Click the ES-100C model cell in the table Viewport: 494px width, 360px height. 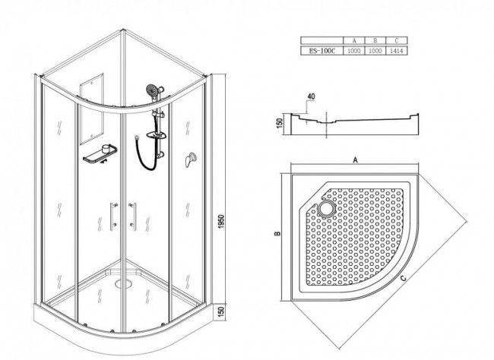(321, 51)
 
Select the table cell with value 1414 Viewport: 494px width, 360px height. (397, 51)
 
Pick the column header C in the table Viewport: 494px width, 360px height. (397, 40)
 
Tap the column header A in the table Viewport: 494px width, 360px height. (354, 40)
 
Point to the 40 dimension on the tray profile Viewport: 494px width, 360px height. (311, 96)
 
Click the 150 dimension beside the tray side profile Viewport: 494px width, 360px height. (279, 122)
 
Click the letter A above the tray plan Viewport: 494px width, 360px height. (356, 160)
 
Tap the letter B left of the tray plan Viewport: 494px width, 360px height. (277, 233)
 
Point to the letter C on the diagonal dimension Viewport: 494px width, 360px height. (404, 278)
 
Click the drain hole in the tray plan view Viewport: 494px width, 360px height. (328, 209)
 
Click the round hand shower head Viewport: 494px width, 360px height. (153, 90)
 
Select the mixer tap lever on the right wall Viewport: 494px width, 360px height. (190, 159)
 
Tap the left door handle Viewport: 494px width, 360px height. (113, 216)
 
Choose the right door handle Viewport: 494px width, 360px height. (133, 216)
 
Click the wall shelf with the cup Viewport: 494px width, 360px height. (100, 154)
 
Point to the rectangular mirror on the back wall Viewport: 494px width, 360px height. (91, 109)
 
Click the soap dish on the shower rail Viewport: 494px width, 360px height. (157, 134)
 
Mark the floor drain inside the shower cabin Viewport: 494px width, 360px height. (125, 284)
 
